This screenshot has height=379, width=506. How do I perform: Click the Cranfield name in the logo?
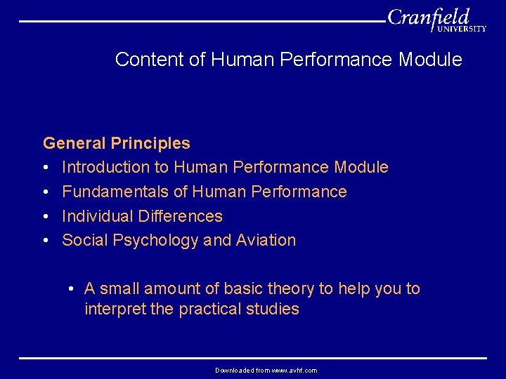tap(428, 16)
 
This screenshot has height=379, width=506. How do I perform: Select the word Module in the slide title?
tap(430, 60)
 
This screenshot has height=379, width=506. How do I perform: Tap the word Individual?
tap(98, 216)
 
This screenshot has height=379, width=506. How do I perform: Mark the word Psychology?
tap(154, 241)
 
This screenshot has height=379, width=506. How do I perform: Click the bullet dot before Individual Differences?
tap(46, 216)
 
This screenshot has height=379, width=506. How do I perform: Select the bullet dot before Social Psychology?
tap(46, 240)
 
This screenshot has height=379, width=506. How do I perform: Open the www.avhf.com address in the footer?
tap(290, 370)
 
